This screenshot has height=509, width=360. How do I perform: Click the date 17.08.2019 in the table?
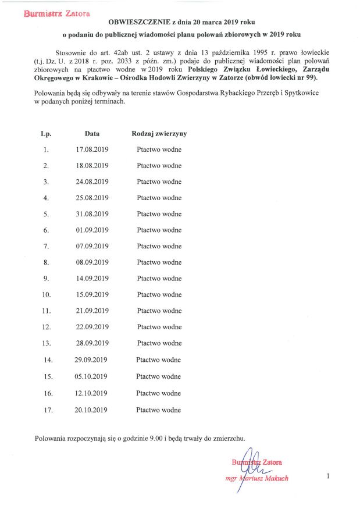(x=92, y=150)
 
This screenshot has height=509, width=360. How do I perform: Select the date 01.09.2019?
(x=92, y=230)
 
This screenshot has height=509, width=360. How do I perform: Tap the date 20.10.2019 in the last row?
(x=92, y=410)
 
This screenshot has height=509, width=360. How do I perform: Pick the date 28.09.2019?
(x=92, y=343)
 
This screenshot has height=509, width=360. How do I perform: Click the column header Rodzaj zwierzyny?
(x=159, y=134)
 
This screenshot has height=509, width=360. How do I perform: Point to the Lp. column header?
(x=47, y=134)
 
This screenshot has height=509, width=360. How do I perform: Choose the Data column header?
(x=92, y=134)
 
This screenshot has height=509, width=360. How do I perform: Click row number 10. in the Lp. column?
(x=47, y=295)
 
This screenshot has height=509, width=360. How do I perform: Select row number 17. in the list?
(x=48, y=410)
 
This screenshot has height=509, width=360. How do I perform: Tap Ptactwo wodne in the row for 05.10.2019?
(x=159, y=376)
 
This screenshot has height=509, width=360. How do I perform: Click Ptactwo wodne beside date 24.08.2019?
(x=159, y=181)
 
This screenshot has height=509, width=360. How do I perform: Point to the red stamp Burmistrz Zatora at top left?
(x=52, y=12)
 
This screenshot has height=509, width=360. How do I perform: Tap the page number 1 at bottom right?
(x=328, y=477)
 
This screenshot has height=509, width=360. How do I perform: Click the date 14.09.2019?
(x=92, y=279)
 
